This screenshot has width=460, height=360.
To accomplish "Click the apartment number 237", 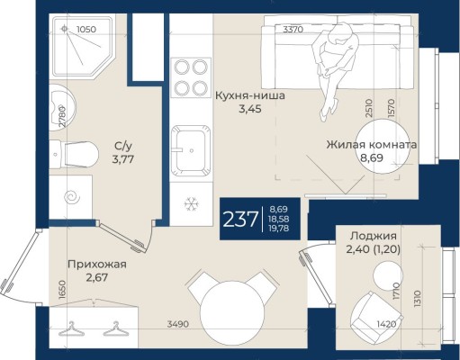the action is (240, 219).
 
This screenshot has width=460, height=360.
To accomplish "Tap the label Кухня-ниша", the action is (250, 96).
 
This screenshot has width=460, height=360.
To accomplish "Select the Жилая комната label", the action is (372, 145).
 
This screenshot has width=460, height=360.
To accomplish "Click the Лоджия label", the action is (373, 236).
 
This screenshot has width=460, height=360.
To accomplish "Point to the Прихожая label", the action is (97, 265).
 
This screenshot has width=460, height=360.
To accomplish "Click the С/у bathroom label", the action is (123, 147).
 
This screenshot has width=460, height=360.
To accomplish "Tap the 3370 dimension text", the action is (293, 30).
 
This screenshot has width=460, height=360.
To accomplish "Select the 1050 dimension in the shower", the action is (86, 30).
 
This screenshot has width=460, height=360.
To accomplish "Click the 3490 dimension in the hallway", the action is (178, 324).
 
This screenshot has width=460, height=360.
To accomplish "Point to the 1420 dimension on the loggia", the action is (386, 324).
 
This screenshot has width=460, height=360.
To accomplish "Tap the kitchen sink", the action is (191, 150).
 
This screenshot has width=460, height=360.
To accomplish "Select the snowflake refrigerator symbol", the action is (191, 204).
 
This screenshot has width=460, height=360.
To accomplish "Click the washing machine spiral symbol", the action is (72, 197).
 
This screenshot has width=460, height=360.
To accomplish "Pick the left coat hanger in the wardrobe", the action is (71, 329).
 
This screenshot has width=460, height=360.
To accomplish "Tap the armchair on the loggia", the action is (375, 319).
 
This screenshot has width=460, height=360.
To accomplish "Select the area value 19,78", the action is (279, 229).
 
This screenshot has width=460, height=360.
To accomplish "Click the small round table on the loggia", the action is (388, 275).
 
